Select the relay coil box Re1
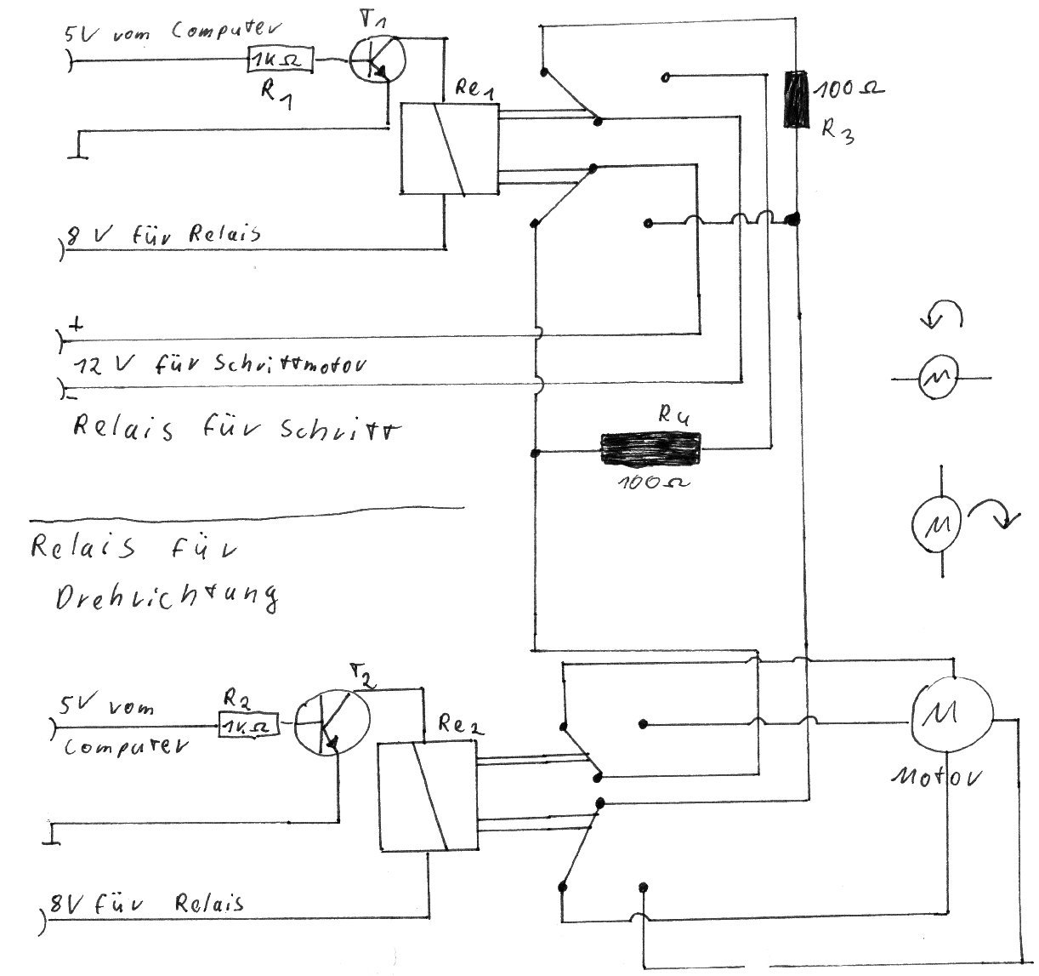point(448,149)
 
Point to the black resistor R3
point(795,100)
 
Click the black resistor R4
point(650,448)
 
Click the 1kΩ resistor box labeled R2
point(248,726)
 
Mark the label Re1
point(474,89)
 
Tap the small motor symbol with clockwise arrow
point(937,521)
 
